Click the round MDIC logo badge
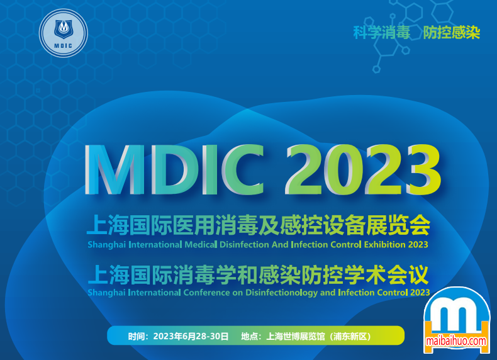coord(64,33)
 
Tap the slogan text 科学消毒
coord(382,32)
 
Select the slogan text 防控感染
coord(452,32)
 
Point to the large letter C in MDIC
coord(242,169)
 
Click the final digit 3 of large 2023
coord(423,169)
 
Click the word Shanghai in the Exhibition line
coord(106,245)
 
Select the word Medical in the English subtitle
coord(201,245)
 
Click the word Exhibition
coord(384,245)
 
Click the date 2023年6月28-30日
coord(191,336)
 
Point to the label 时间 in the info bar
coord(137,336)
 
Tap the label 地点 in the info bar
coord(250,336)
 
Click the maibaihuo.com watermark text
coord(456,341)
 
